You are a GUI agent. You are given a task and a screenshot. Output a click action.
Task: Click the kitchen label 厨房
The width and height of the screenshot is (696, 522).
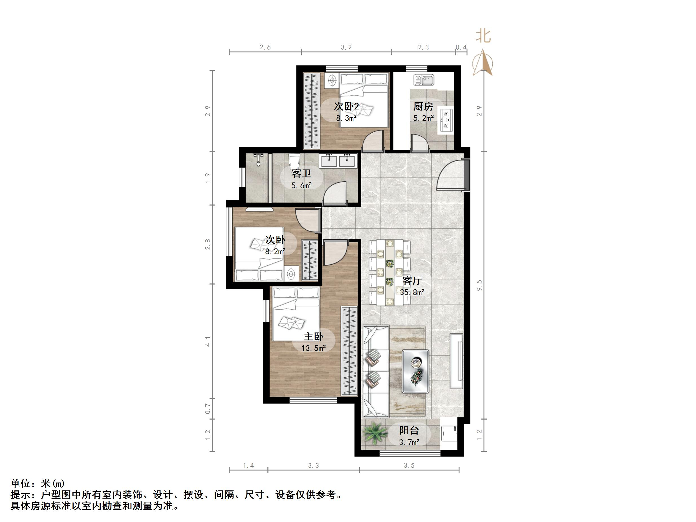[423, 107]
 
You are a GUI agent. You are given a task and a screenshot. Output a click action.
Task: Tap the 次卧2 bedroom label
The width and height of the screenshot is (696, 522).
[346, 107]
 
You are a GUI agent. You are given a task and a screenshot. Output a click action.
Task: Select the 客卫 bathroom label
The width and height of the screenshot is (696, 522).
[301, 173]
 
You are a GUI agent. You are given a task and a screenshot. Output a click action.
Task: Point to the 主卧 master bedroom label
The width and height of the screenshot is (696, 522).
[313, 337]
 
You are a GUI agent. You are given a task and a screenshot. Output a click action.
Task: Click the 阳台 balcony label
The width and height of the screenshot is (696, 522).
[409, 430]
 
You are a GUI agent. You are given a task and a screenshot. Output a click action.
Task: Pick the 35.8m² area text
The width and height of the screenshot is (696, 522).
[412, 292]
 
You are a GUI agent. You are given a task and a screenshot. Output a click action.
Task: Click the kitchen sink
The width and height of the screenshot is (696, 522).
[424, 80]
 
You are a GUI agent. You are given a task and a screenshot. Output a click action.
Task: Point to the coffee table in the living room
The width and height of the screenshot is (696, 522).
[415, 371]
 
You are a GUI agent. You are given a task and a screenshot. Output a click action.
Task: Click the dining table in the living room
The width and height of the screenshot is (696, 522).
[390, 272]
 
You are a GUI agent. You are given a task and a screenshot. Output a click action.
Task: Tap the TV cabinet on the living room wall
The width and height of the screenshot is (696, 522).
[457, 361]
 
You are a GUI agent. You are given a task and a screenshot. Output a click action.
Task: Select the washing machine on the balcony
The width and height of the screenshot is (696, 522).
[449, 434]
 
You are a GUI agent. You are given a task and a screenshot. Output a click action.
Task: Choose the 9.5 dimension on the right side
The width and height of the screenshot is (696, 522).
[479, 285]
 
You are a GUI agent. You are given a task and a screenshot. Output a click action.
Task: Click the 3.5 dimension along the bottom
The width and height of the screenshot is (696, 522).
[409, 465]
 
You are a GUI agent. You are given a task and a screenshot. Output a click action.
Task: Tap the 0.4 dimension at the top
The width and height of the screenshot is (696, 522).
[461, 47]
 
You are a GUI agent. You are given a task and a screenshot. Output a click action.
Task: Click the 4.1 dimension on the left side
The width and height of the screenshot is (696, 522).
[208, 342]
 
